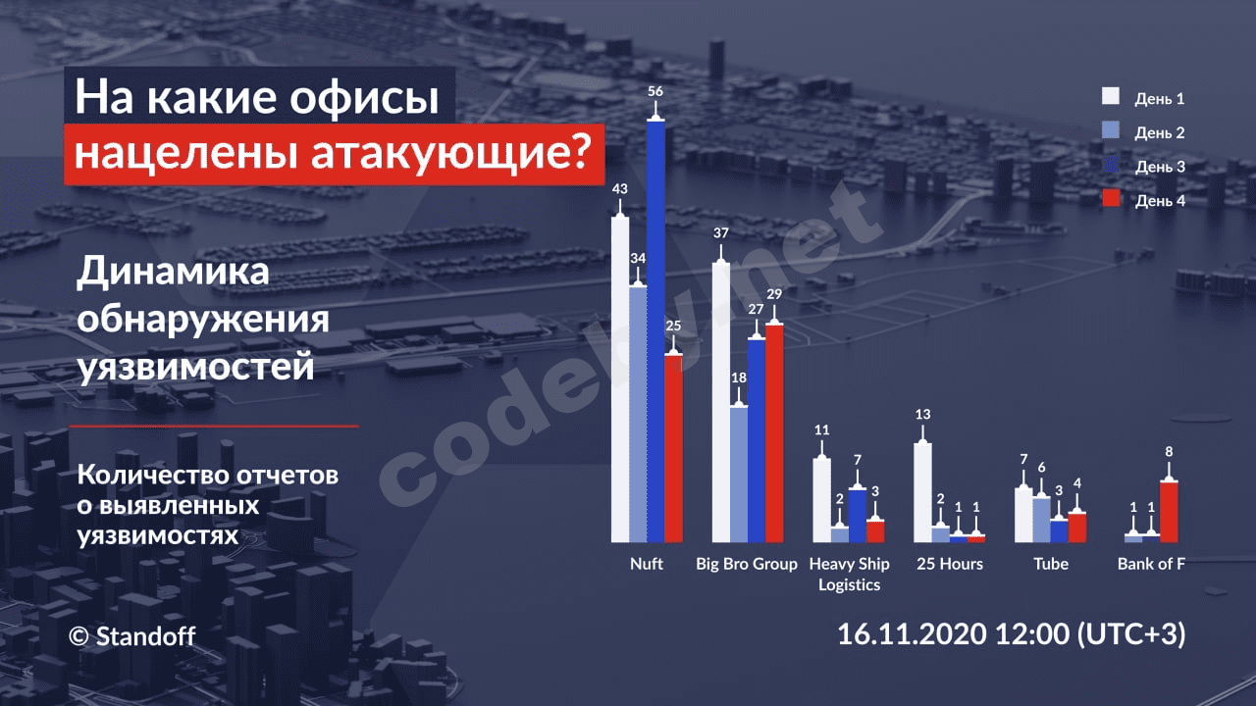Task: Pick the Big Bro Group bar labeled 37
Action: click(721, 402)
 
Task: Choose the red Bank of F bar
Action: click(1168, 511)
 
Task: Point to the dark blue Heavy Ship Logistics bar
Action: click(858, 515)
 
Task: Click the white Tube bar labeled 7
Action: click(1022, 515)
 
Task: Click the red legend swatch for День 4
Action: click(1112, 199)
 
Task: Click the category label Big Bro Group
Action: click(746, 565)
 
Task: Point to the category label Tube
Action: click(1050, 565)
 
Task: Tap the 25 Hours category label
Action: click(949, 565)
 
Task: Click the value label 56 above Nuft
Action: click(655, 91)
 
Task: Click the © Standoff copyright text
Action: click(132, 636)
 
